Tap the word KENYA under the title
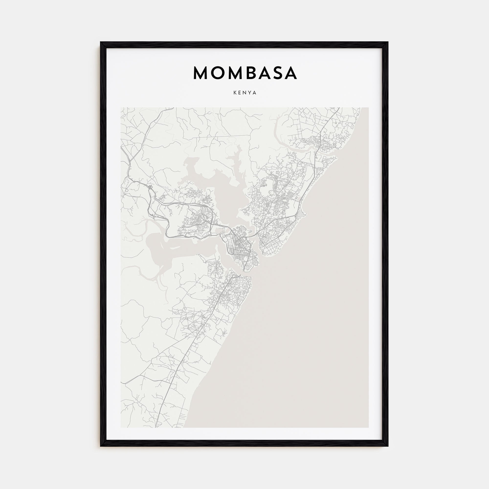(245, 93)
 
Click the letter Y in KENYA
(250, 93)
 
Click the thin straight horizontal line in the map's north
(215, 137)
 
